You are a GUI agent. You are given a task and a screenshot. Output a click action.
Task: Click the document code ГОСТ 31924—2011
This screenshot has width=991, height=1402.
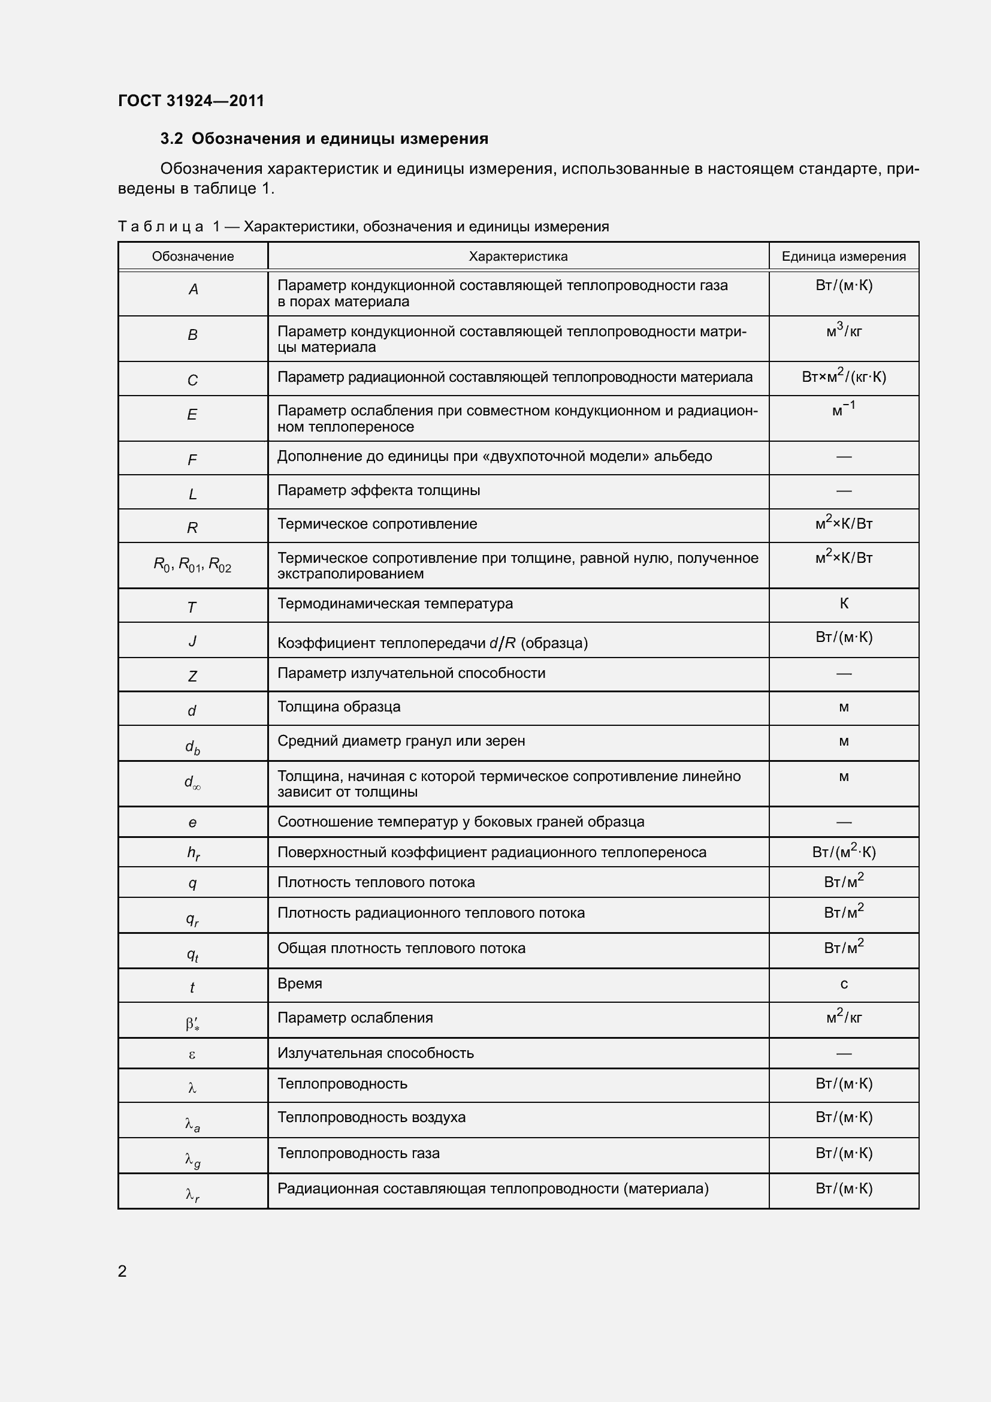(191, 101)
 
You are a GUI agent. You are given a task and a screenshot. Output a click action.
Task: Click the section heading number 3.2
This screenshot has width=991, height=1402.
(171, 138)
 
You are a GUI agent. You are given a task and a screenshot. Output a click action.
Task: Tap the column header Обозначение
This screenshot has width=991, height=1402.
(193, 257)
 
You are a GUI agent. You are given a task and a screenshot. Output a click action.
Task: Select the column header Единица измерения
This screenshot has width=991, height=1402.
(844, 257)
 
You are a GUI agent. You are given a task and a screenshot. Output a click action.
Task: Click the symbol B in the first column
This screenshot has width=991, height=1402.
(192, 335)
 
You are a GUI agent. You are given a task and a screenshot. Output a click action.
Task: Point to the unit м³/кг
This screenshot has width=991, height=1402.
(844, 331)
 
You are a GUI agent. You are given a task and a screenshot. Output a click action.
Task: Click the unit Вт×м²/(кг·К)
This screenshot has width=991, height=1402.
(844, 376)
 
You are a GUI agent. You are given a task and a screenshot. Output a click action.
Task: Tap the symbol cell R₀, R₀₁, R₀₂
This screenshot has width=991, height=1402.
(192, 565)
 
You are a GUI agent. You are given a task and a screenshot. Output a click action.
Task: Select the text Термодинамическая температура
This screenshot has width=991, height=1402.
(395, 604)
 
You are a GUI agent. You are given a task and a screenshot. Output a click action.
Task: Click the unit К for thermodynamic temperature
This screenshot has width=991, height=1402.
(844, 604)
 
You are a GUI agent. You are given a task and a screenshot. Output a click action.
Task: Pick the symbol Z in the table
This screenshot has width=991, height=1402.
(192, 677)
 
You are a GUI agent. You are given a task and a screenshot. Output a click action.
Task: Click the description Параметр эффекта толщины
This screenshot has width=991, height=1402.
(378, 490)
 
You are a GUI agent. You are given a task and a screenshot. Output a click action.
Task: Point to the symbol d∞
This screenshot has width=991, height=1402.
(192, 782)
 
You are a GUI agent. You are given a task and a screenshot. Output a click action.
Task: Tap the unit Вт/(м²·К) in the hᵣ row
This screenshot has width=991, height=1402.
(844, 852)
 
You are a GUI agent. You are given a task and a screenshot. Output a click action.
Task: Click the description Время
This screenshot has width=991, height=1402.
(300, 983)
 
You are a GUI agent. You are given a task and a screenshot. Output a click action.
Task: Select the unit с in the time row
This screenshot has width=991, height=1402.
(844, 984)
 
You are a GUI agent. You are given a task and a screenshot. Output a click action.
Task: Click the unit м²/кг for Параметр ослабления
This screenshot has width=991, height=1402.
(844, 1017)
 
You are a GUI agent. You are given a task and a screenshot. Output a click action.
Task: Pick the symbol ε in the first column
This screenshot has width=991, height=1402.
(192, 1054)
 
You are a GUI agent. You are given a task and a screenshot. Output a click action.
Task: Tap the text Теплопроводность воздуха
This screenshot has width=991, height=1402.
(371, 1117)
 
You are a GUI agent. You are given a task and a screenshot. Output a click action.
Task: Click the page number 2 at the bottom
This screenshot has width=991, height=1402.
(122, 1271)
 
